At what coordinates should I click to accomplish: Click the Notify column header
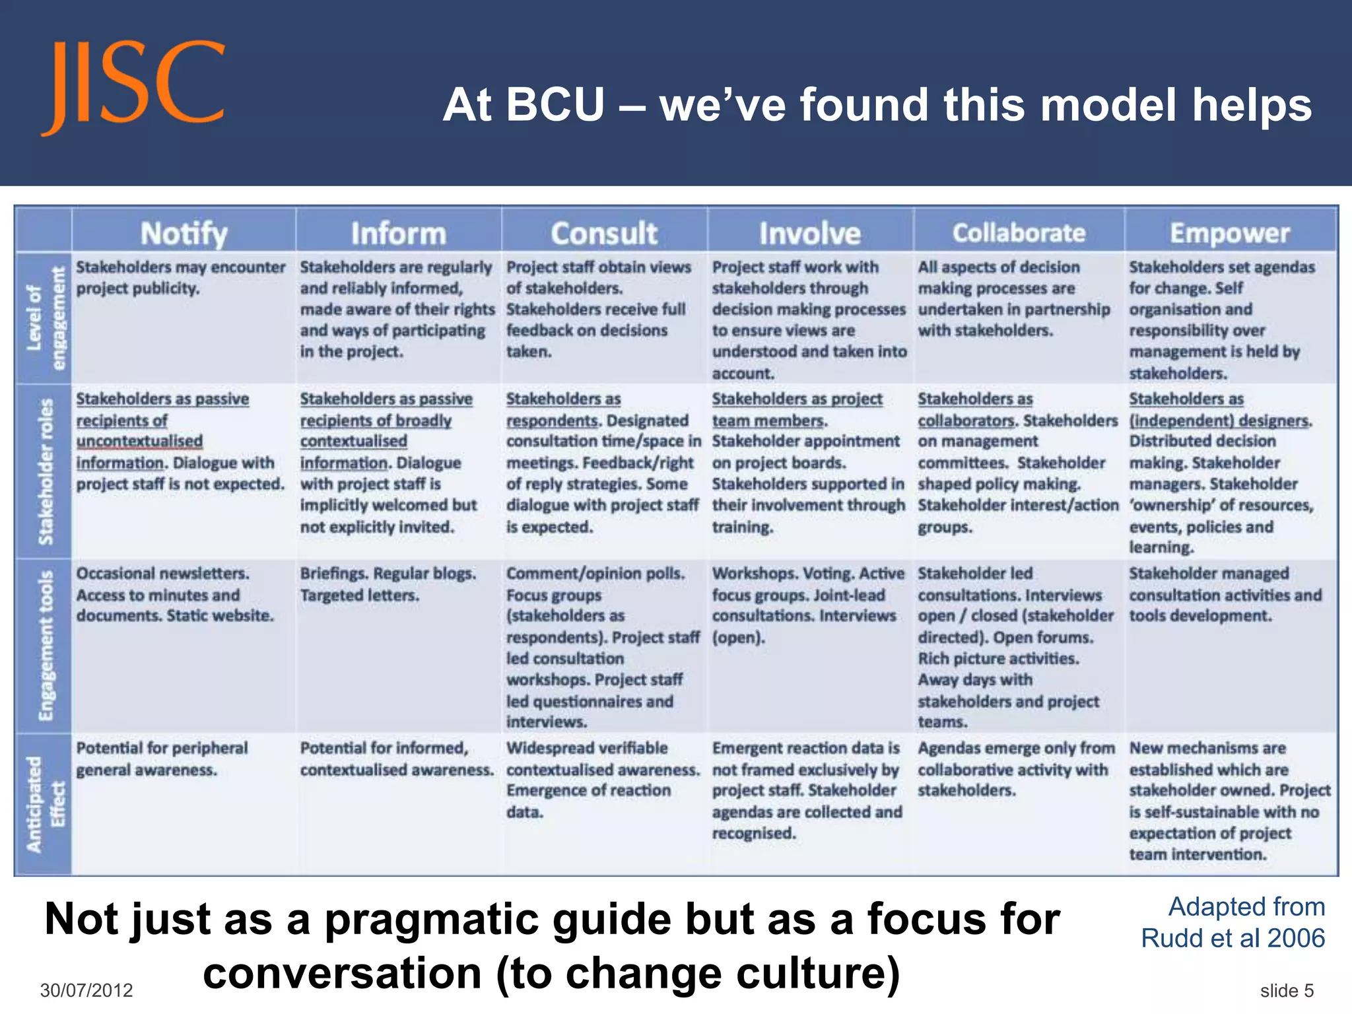click(184, 234)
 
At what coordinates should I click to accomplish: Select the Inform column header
click(398, 234)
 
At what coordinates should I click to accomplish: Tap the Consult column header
click(604, 234)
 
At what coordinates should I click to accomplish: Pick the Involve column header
click(809, 234)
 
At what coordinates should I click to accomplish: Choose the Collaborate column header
click(1019, 233)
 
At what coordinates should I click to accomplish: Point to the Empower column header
click(1230, 233)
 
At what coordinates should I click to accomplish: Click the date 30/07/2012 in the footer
click(86, 990)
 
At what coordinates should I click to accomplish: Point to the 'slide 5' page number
click(1287, 990)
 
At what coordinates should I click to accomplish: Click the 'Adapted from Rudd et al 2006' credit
click(1233, 922)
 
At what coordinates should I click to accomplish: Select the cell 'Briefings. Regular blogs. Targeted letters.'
click(388, 584)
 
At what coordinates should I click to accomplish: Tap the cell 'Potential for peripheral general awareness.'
click(162, 759)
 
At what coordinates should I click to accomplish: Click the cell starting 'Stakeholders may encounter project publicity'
click(180, 277)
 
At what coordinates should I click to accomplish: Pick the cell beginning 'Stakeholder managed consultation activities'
click(1225, 594)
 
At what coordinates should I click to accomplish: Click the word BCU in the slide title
click(555, 105)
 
